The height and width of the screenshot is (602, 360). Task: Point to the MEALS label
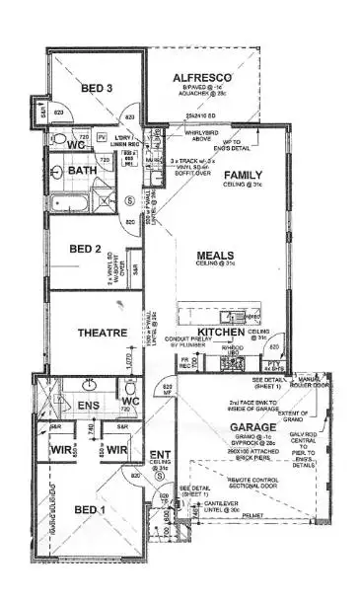tap(215, 255)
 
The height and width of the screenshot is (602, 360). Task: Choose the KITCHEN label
tap(219, 332)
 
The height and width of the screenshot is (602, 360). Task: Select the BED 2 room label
tap(85, 249)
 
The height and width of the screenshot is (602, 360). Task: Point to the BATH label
tap(82, 171)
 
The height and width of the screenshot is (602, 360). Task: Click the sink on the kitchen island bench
tap(233, 316)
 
